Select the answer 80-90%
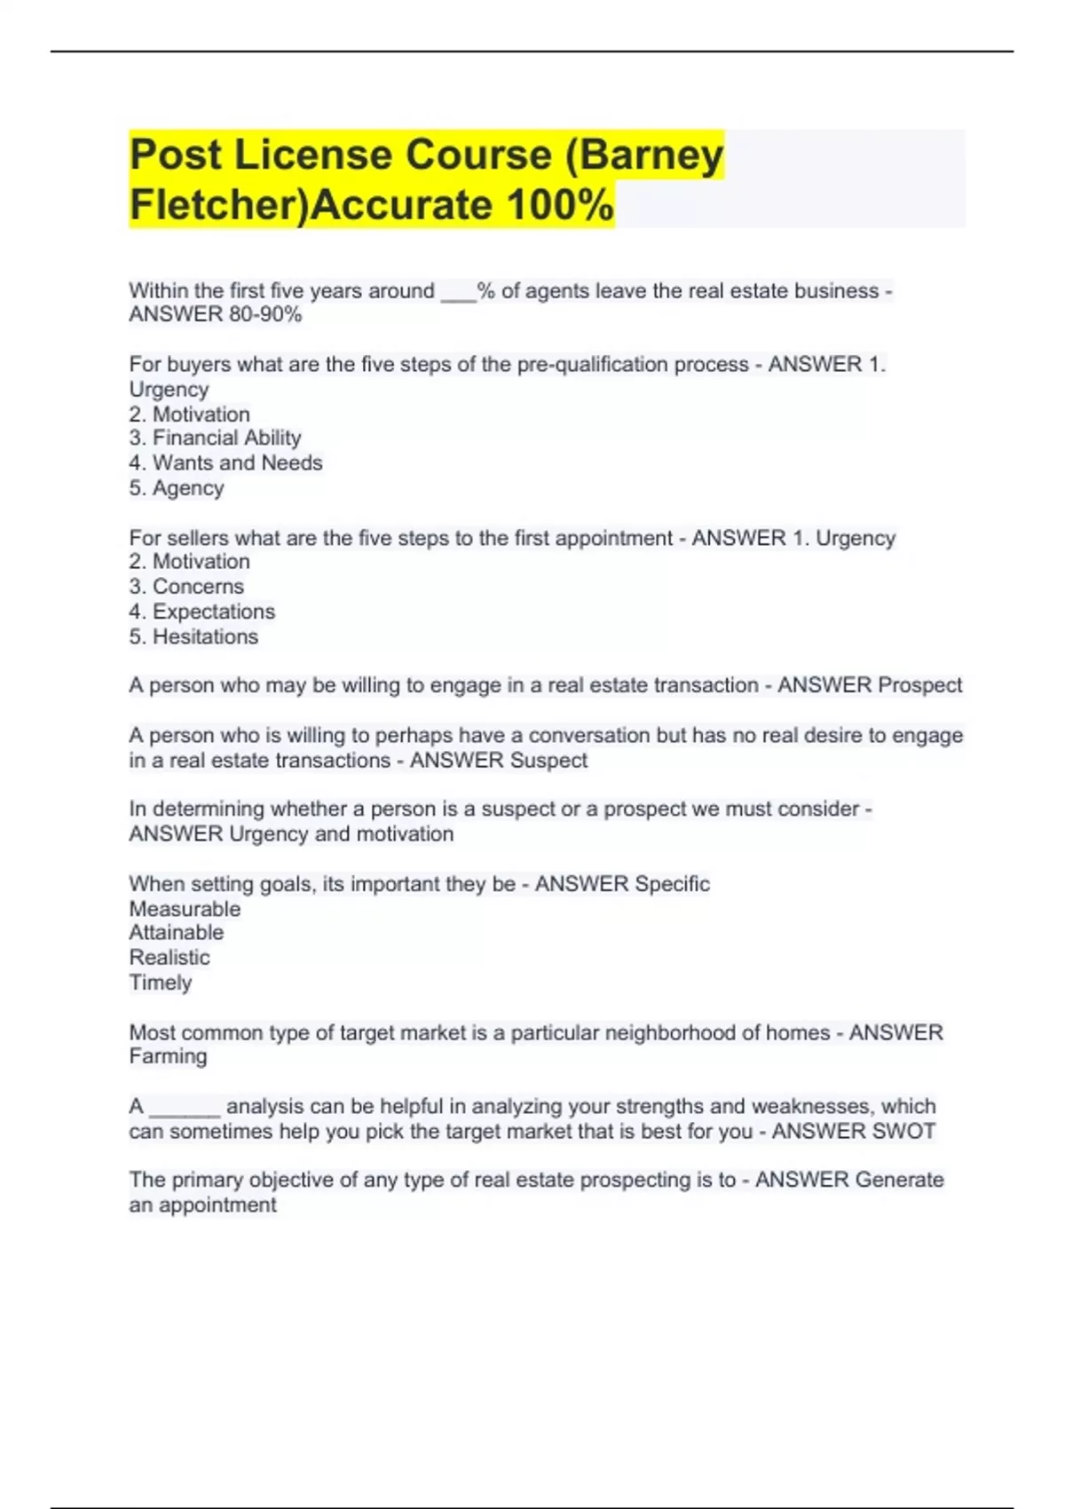264,314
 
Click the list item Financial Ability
226,438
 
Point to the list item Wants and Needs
237,462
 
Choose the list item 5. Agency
177,487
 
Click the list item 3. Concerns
186,586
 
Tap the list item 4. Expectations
202,612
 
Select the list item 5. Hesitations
193,636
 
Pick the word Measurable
185,909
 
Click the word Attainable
177,932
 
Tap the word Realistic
170,957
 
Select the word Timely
161,983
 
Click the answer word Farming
168,1056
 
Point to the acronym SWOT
905,1132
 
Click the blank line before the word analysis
185,1110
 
